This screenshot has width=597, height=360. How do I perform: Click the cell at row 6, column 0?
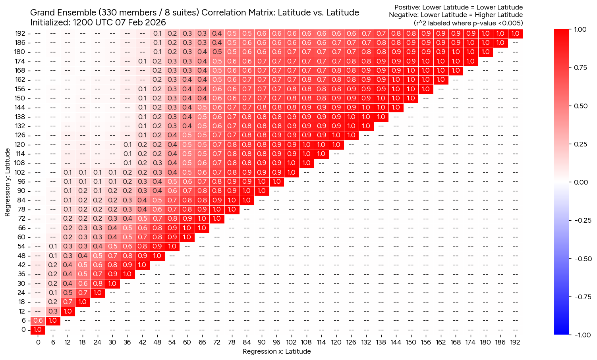[x=38, y=320]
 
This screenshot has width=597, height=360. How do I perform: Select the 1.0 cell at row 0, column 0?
[x=38, y=329]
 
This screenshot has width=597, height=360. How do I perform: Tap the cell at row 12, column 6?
[x=53, y=311]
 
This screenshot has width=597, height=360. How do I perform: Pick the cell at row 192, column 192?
[x=515, y=34]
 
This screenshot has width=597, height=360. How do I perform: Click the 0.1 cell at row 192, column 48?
[x=157, y=34]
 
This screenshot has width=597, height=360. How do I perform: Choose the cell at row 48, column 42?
[x=142, y=256]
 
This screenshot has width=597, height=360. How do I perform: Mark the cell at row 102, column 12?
[x=68, y=172]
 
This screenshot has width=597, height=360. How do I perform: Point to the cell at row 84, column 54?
[x=172, y=200]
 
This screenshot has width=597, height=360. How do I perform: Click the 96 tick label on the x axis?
[x=276, y=342]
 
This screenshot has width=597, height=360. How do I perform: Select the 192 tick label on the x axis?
[x=515, y=342]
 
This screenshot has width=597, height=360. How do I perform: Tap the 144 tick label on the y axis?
[x=20, y=108]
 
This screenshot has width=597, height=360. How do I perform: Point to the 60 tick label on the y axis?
[x=22, y=237]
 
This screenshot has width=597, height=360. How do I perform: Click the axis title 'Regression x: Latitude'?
[x=276, y=351]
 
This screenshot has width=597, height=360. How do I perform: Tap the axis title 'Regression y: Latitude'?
[x=7, y=182]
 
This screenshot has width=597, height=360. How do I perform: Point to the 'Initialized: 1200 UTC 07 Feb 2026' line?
[x=98, y=23]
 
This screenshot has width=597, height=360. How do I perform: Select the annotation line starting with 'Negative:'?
[x=456, y=15]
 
